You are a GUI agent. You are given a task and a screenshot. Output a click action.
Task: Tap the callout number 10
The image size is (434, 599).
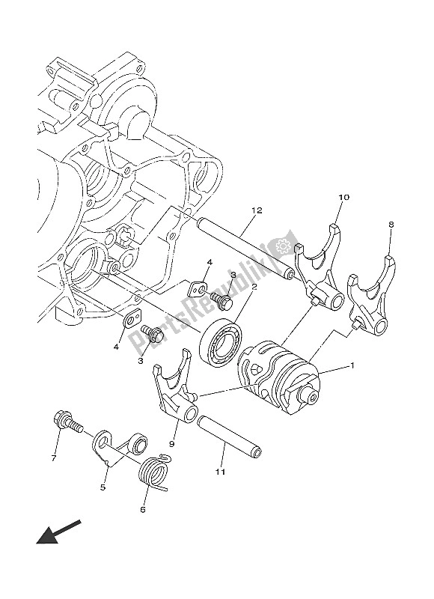click(343, 198)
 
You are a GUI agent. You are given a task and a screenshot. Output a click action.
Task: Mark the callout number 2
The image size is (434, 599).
click(254, 286)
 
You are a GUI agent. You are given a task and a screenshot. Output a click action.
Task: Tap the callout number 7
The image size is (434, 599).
click(53, 457)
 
